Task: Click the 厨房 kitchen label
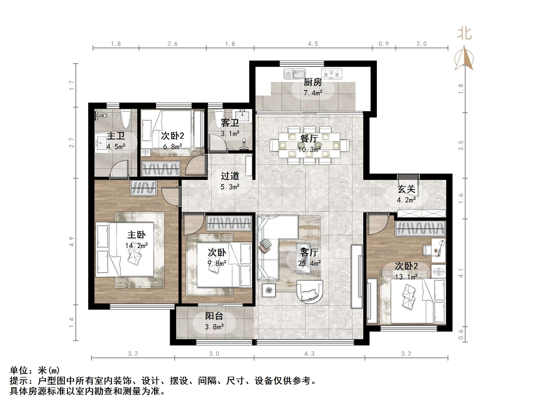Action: (x=313, y=82)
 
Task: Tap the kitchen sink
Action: (x=294, y=74)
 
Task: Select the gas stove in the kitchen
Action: (x=331, y=74)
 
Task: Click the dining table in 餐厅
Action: (x=309, y=145)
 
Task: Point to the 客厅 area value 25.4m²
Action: (x=309, y=263)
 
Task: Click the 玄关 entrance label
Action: (x=406, y=189)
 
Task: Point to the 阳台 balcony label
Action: (x=214, y=316)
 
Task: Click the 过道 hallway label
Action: (x=230, y=176)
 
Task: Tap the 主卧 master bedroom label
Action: (x=136, y=235)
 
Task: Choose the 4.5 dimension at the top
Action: (x=313, y=44)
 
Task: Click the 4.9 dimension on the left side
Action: (x=72, y=242)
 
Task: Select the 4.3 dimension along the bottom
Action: (x=309, y=354)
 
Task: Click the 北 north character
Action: (x=464, y=34)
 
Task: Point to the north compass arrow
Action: (x=464, y=58)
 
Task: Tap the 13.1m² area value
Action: (x=406, y=277)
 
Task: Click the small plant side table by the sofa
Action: (x=269, y=290)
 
